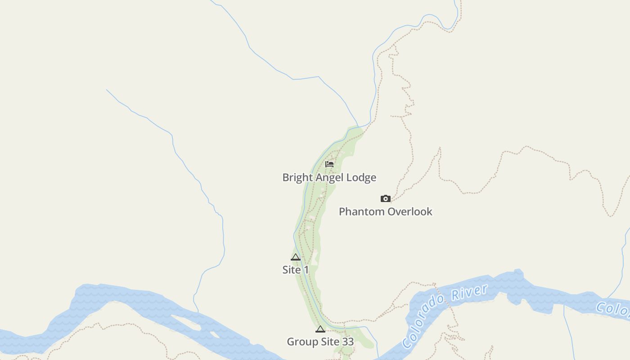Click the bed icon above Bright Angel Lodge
tap(329, 164)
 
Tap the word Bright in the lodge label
tap(297, 178)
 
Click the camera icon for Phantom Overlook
tap(386, 198)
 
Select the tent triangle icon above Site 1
tap(295, 257)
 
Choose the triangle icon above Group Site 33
tap(320, 329)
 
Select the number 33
tap(347, 342)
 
